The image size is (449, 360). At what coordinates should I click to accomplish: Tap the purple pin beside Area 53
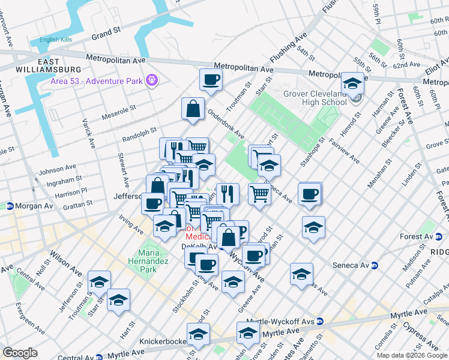(152, 79)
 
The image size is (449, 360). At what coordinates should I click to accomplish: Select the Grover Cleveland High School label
(306, 98)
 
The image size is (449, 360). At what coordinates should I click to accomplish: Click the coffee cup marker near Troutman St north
(211, 79)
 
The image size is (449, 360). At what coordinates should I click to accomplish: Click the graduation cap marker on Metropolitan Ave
(352, 83)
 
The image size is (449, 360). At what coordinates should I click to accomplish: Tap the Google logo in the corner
(20, 352)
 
